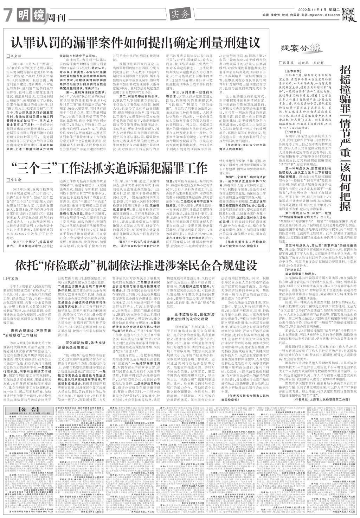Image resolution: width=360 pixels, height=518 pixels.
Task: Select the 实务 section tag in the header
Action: pos(180,14)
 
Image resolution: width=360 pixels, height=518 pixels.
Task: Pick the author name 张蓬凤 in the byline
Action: pos(295,62)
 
